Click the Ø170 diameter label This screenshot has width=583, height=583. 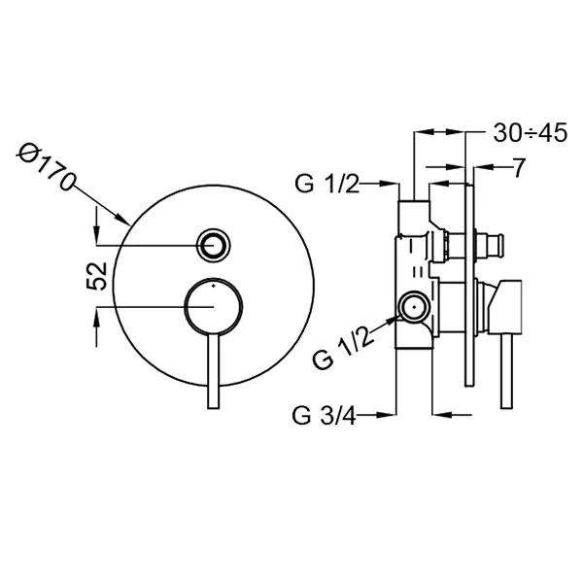(45, 166)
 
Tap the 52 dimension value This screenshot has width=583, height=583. (96, 276)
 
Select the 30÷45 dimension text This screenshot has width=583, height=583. (531, 133)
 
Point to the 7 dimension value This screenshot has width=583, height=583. (519, 168)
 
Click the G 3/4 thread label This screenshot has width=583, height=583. (324, 415)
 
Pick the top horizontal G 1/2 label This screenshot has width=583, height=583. (327, 184)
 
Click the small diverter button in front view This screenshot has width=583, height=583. (214, 246)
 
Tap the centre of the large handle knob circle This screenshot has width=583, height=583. (214, 306)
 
